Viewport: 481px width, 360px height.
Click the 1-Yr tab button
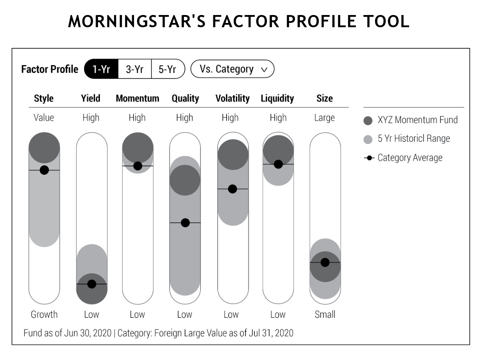[101, 69]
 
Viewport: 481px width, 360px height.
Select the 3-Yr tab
[135, 69]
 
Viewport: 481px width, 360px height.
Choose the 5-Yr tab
[168, 69]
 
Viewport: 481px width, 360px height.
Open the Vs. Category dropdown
[233, 69]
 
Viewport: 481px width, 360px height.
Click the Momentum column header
[138, 98]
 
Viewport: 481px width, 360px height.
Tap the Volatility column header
[233, 98]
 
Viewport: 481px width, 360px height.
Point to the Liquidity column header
[277, 98]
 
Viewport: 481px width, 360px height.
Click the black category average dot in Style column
[44, 170]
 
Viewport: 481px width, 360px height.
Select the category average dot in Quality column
[185, 223]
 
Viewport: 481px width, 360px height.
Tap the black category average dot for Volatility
[233, 189]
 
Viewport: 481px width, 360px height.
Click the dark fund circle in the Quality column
[185, 180]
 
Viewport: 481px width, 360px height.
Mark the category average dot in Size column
[325, 262]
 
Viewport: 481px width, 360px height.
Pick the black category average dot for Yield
[92, 284]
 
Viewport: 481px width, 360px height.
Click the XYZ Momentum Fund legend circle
[368, 121]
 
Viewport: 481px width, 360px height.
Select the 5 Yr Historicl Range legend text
[414, 138]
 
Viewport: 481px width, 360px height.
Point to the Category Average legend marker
[369, 158]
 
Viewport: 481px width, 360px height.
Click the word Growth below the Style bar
[44, 315]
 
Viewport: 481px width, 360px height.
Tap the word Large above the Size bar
[325, 118]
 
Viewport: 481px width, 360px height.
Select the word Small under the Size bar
[325, 315]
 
